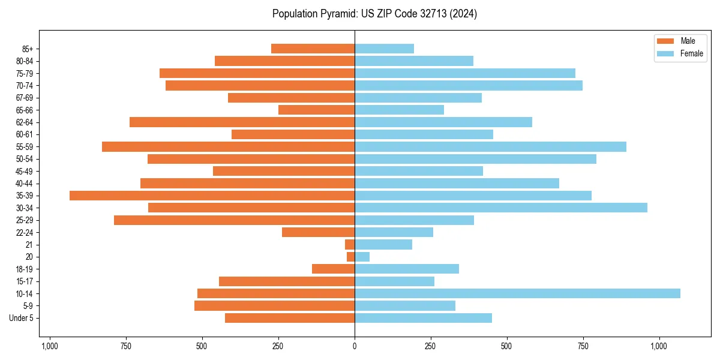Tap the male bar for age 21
click(x=350, y=244)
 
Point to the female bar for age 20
click(x=362, y=257)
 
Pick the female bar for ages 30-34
click(x=501, y=208)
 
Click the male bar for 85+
click(x=313, y=49)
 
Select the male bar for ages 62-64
click(x=242, y=122)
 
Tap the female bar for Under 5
click(x=423, y=318)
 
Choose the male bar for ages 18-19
click(x=333, y=269)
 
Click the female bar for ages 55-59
click(x=490, y=146)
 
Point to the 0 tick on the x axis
click(x=355, y=346)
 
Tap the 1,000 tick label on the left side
click(x=49, y=346)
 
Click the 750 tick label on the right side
click(x=583, y=346)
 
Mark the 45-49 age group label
click(x=25, y=171)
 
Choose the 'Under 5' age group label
click(x=22, y=318)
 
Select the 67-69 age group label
click(x=25, y=98)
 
